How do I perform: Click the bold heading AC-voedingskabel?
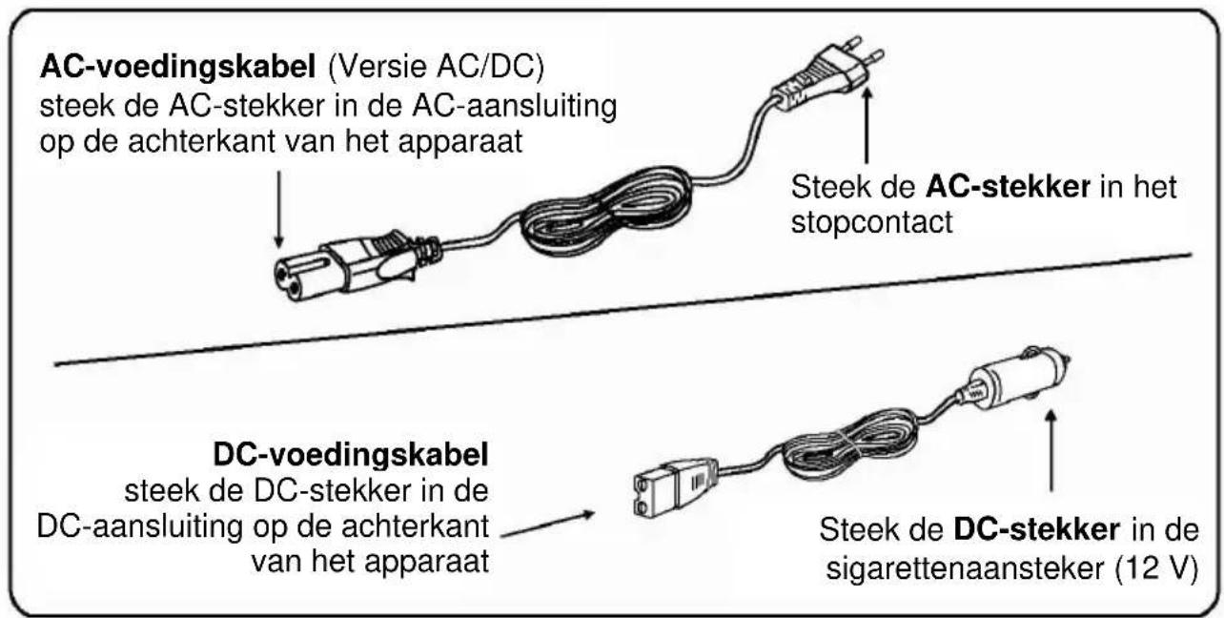(177, 68)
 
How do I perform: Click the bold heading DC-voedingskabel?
(351, 455)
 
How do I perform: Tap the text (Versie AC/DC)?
(436, 68)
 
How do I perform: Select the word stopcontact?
(871, 223)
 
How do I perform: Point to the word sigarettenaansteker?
(966, 568)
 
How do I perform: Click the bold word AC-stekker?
(1008, 187)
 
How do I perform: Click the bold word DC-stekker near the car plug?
(1036, 529)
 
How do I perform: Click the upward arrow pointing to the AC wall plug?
(867, 126)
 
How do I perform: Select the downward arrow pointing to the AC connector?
(278, 210)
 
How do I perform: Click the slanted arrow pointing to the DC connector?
(548, 524)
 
